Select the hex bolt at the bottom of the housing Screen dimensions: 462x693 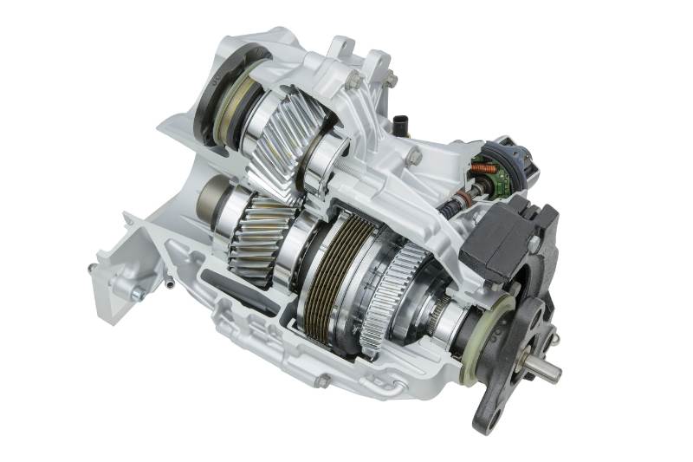click(x=321, y=381)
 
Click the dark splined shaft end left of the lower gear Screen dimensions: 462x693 click(x=208, y=203)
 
